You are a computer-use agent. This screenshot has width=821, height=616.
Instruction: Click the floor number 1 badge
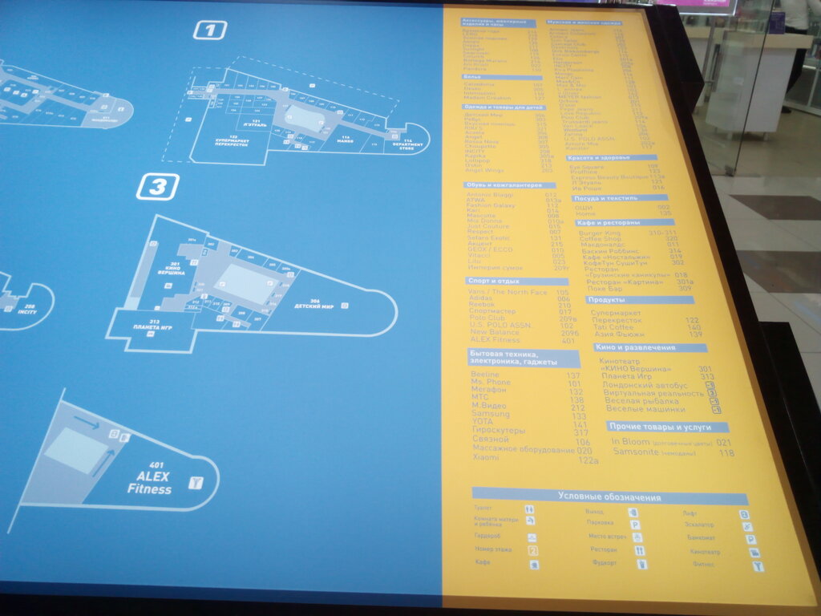click(210, 30)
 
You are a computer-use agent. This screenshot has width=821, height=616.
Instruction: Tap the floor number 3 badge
click(157, 187)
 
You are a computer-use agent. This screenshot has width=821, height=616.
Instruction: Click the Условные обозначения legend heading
click(609, 496)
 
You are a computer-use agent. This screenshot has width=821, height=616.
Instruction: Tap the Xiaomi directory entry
click(485, 458)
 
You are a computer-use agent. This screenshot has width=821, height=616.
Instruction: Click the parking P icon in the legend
click(636, 525)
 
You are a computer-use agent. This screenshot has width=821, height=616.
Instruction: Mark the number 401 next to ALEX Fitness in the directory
click(568, 340)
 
